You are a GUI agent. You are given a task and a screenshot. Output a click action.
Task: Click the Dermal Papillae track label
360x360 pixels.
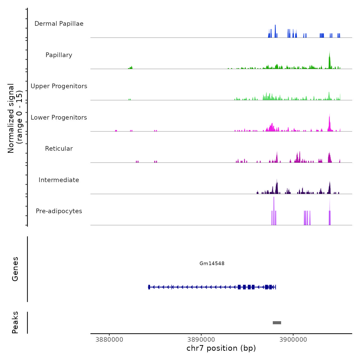59,24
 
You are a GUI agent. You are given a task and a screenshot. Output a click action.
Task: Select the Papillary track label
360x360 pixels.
59,55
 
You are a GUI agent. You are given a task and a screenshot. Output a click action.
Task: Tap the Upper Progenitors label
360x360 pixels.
59,86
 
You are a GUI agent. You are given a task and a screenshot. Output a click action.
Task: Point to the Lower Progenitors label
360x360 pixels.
59,118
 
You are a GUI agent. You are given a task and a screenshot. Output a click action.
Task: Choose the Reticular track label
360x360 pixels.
59,149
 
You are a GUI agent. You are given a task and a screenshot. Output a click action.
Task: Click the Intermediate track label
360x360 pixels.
59,180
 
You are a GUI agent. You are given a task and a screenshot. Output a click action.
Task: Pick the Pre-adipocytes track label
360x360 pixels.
59,211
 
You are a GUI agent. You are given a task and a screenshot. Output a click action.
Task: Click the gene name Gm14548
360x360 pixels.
212,263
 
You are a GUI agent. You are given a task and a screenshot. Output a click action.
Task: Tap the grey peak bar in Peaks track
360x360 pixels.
277,323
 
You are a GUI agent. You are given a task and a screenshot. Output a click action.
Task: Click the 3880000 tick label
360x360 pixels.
109,340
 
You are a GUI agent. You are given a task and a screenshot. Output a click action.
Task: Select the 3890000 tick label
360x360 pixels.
201,340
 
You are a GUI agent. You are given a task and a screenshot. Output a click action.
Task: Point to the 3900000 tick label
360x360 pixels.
293,340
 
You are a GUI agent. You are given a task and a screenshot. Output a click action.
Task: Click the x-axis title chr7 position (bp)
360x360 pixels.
221,348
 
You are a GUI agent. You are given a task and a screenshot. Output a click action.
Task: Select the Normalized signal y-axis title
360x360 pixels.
15,118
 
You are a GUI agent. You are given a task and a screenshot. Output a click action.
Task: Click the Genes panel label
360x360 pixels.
15,269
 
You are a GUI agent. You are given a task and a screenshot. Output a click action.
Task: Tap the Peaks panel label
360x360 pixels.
15,322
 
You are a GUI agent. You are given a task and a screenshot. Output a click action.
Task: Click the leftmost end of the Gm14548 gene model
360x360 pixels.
149,287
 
